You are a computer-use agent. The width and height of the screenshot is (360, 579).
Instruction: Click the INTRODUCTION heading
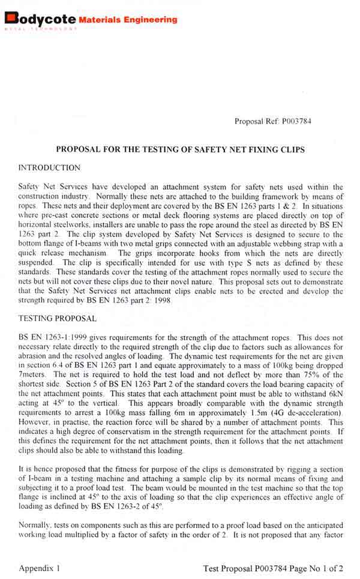[49, 167]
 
